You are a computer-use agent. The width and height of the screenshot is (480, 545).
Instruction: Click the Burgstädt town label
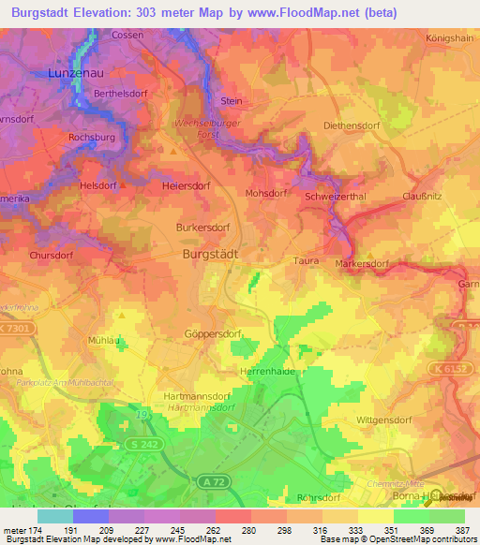pyautogui.click(x=209, y=254)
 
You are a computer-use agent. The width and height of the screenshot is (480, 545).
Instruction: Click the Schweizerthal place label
pyautogui.click(x=334, y=197)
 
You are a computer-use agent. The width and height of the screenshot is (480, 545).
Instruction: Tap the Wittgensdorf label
pyautogui.click(x=384, y=420)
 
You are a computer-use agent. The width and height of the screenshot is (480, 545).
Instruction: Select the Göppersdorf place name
pyautogui.click(x=208, y=332)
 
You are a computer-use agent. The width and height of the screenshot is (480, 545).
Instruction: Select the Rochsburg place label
pyautogui.click(x=92, y=137)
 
